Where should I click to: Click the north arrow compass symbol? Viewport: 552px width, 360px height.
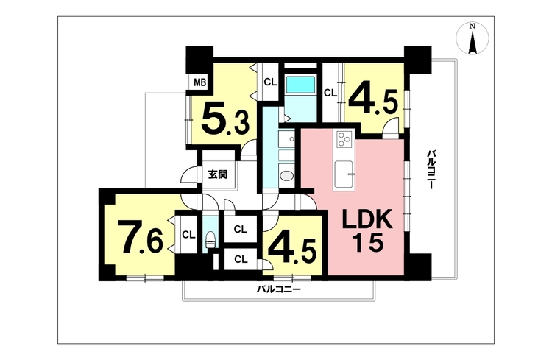tap(473, 38)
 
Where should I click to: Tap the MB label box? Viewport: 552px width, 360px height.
tap(199, 82)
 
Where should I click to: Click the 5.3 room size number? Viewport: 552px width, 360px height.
tap(225, 121)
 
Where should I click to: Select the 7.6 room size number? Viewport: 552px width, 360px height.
tap(140, 237)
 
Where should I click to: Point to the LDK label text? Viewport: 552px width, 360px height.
tap(367, 221)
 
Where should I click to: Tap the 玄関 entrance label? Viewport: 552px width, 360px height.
tap(218, 174)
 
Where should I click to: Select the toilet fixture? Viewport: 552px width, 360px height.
tap(210, 239)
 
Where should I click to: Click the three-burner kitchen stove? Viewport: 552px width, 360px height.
tap(344, 139)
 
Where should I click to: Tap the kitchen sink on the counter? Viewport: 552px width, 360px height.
tap(343, 174)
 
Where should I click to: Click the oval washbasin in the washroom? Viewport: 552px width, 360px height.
tap(286, 175)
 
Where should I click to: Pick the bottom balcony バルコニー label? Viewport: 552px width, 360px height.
tap(278, 289)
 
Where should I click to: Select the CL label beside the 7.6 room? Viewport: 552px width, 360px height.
tap(188, 235)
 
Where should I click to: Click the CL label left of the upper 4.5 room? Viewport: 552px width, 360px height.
tap(330, 93)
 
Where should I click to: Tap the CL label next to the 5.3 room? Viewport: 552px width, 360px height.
tap(270, 82)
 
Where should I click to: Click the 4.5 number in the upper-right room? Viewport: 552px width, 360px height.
tap(373, 101)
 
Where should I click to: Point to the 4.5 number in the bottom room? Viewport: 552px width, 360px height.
tap(292, 250)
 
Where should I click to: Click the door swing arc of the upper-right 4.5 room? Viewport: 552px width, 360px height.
tap(391, 123)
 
